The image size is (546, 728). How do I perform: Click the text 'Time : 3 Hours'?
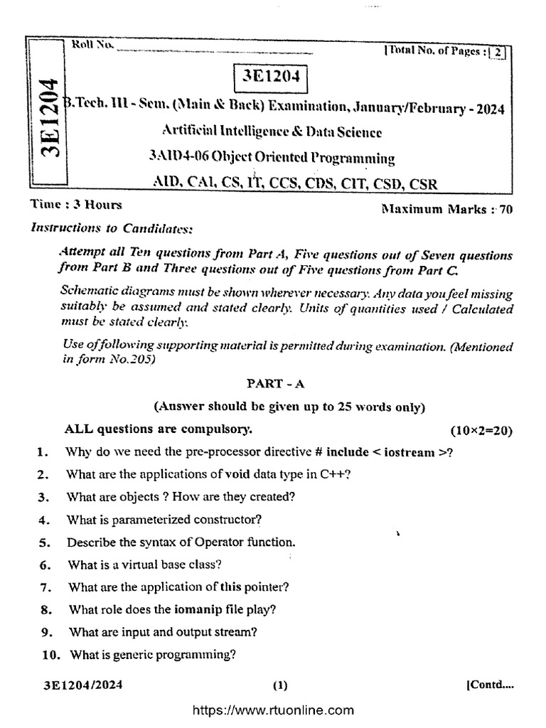point(76,205)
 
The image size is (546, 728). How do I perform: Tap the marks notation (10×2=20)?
point(481,431)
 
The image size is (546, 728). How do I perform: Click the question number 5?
point(43,542)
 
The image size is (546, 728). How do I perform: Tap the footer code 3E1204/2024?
point(82,685)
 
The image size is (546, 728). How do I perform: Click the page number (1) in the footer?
point(280,686)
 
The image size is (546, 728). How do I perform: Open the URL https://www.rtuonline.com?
point(273,710)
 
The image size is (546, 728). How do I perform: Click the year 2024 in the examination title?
point(488,109)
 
